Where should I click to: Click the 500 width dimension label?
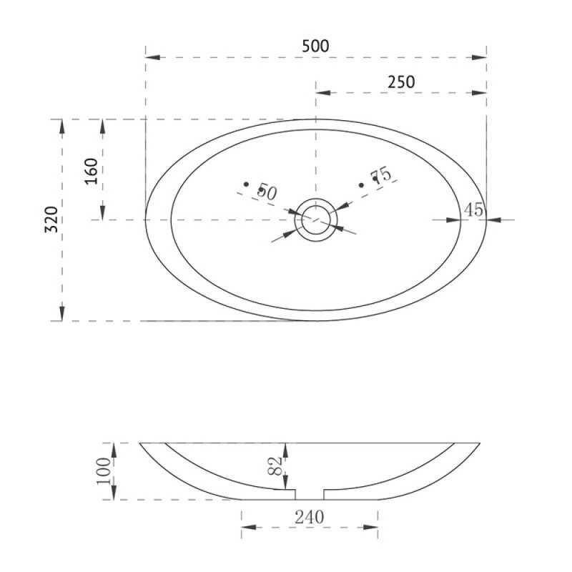(315, 46)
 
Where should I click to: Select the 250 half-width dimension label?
(401, 82)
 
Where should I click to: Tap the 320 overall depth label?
(51, 220)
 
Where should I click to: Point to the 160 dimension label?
(92, 171)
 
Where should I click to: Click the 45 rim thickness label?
(473, 209)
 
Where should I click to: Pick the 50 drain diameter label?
(267, 192)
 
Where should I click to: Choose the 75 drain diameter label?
(381, 175)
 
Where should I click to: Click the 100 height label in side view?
(104, 471)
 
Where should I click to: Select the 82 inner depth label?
(275, 466)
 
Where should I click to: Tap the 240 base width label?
(310, 517)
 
